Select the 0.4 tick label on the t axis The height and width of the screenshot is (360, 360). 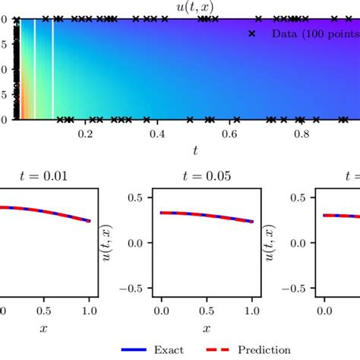click(x=157, y=134)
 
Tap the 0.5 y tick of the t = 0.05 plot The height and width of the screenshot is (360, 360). click(x=138, y=197)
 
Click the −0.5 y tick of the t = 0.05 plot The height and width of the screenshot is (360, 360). click(x=134, y=289)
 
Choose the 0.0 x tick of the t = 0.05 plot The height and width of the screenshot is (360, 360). click(x=162, y=311)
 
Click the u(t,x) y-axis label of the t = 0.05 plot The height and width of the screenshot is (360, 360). click(x=109, y=243)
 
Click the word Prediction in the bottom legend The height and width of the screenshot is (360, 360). click(x=265, y=350)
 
